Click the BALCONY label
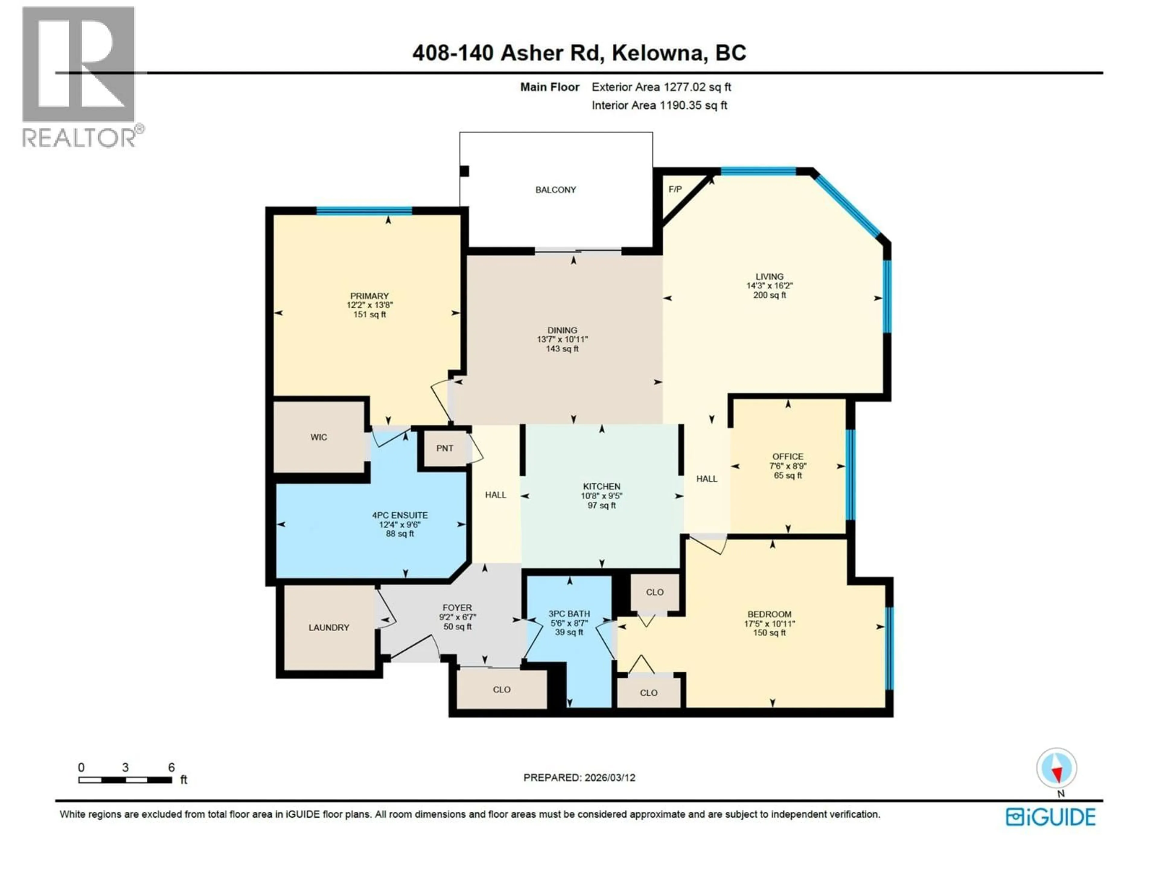pos(555,189)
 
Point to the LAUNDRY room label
pos(328,628)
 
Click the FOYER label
pos(457,608)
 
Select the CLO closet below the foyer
pos(501,690)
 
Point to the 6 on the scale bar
pos(171,767)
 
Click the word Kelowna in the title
pos(657,53)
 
